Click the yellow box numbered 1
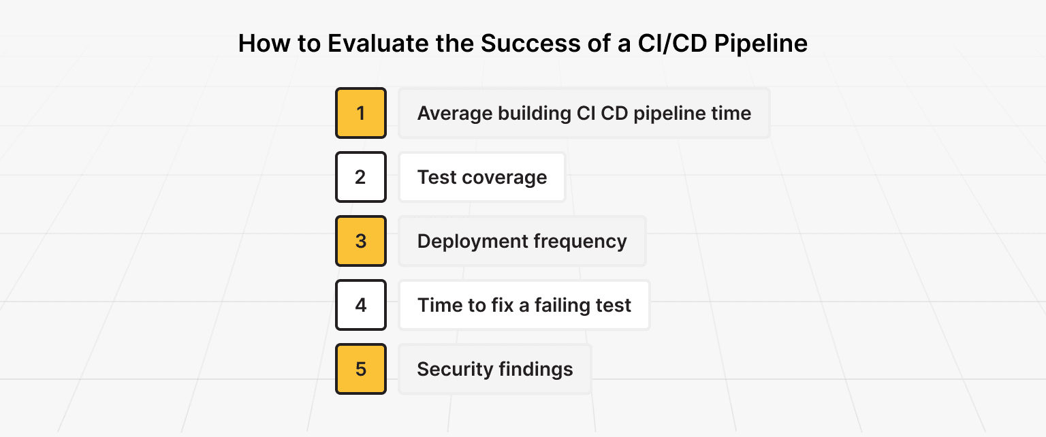pyautogui.click(x=361, y=113)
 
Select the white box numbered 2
pyautogui.click(x=361, y=177)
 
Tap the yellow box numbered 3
pyautogui.click(x=361, y=241)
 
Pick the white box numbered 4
pyautogui.click(x=361, y=305)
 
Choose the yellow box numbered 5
pyautogui.click(x=361, y=369)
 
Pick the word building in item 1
pyautogui.click(x=533, y=113)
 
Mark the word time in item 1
pyautogui.click(x=731, y=113)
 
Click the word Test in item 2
pyautogui.click(x=437, y=178)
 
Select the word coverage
pyautogui.click(x=504, y=178)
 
